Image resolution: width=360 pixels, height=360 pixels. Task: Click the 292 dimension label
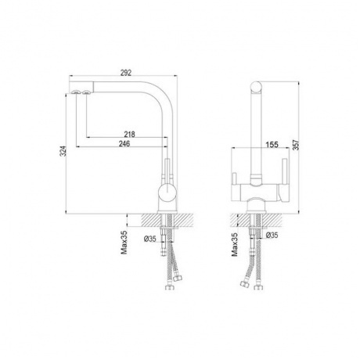coord(125,73)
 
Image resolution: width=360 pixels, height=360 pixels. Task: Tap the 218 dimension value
coord(129,135)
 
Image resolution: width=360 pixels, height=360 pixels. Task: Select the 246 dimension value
coord(124,144)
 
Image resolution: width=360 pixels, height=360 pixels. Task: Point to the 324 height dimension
coord(63,151)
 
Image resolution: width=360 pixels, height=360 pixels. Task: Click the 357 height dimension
coord(296,145)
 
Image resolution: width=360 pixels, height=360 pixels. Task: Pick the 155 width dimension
coord(272,144)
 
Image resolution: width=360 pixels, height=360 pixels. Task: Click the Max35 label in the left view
coord(124,243)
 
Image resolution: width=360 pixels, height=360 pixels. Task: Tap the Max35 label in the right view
coord(235,244)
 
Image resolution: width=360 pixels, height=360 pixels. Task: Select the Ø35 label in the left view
coord(150,239)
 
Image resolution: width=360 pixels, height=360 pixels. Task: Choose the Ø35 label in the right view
coord(272,235)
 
